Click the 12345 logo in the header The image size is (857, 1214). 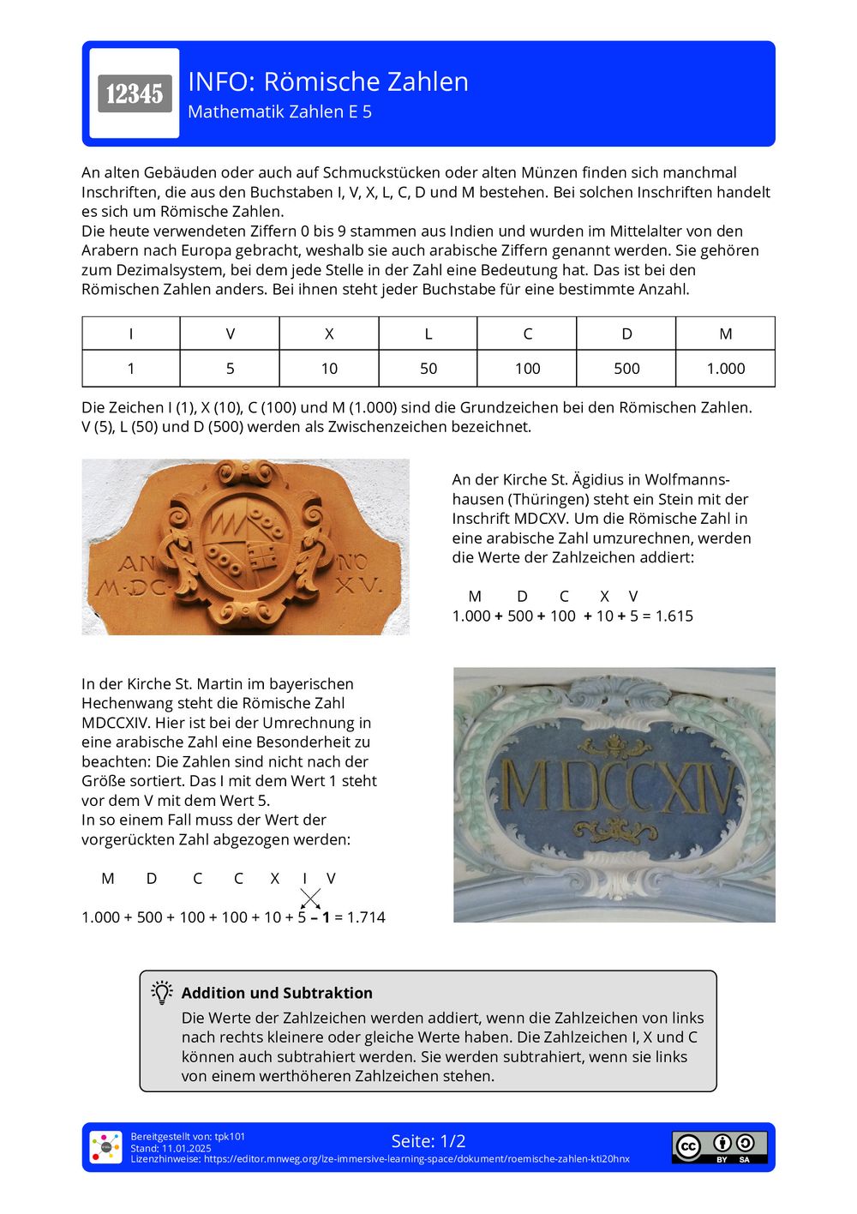(x=135, y=93)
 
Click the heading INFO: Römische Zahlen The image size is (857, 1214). (x=327, y=81)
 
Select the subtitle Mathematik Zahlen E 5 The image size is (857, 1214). (x=279, y=111)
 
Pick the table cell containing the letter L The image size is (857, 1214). (x=428, y=334)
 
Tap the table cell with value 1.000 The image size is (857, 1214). (x=725, y=369)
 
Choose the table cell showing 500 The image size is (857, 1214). (x=626, y=369)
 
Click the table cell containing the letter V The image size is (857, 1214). (x=230, y=334)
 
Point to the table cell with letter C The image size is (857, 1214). (x=527, y=334)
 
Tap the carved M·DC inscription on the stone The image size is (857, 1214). (x=134, y=587)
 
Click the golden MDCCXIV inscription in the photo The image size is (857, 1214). (x=617, y=787)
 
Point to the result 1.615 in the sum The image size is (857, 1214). (x=674, y=616)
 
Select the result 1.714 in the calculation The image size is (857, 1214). (x=366, y=917)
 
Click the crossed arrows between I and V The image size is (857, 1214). (x=310, y=898)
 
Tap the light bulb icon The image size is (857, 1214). (x=162, y=993)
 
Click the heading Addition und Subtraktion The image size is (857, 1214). (x=277, y=993)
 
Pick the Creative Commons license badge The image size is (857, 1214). (x=719, y=1147)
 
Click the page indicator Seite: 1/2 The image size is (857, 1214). (x=428, y=1141)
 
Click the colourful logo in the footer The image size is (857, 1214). (x=106, y=1147)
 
